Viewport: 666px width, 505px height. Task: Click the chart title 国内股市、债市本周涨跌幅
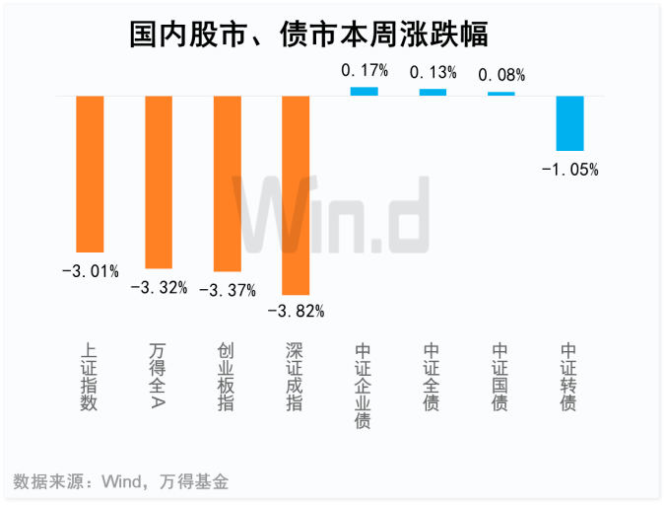pyautogui.click(x=309, y=35)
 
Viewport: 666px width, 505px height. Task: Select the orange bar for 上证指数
pyautogui.click(x=90, y=174)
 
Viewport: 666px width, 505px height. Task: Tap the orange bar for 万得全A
pyautogui.click(x=159, y=181)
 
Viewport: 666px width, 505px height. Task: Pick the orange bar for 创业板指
pyautogui.click(x=228, y=183)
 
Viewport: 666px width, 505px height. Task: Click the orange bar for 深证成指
pyautogui.click(x=296, y=194)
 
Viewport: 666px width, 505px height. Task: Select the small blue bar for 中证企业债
pyautogui.click(x=365, y=91)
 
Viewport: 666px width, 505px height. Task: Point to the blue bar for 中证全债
pyautogui.click(x=433, y=92)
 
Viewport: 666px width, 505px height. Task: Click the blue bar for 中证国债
pyautogui.click(x=501, y=94)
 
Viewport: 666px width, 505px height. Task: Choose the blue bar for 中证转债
pyautogui.click(x=569, y=123)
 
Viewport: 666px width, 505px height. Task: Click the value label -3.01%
pyautogui.click(x=90, y=269)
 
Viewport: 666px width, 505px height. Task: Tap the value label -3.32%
pyautogui.click(x=159, y=287)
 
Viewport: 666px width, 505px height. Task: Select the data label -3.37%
pyautogui.click(x=228, y=290)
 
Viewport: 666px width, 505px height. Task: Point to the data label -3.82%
pyautogui.click(x=296, y=311)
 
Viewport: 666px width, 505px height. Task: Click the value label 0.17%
pyautogui.click(x=365, y=71)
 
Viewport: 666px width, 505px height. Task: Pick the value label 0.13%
pyautogui.click(x=433, y=72)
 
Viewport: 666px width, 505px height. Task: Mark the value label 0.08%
pyautogui.click(x=501, y=75)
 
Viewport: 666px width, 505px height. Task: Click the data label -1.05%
pyautogui.click(x=569, y=169)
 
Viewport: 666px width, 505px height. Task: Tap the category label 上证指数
pyautogui.click(x=89, y=377)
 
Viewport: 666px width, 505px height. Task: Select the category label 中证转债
pyautogui.click(x=568, y=377)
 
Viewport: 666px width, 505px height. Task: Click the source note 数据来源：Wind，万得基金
pyautogui.click(x=121, y=482)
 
